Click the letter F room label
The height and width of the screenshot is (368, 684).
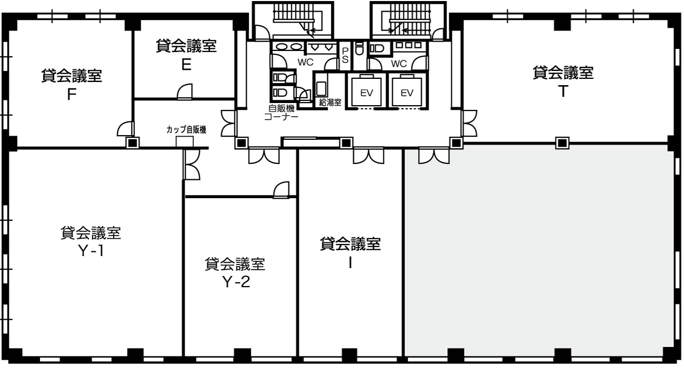[x=72, y=95]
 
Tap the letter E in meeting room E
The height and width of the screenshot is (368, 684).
[x=186, y=65]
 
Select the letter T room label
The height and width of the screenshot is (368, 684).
[x=563, y=91]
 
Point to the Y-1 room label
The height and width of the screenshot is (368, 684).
[x=91, y=251]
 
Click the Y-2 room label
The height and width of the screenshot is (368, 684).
[x=236, y=282]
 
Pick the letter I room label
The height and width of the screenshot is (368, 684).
[x=350, y=263]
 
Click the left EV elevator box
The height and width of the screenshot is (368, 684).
[x=366, y=92]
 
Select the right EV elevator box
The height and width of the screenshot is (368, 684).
[x=407, y=92]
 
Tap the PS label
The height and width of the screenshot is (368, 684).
[x=345, y=55]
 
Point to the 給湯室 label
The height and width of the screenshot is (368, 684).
[x=330, y=103]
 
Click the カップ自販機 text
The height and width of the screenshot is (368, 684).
[x=186, y=130]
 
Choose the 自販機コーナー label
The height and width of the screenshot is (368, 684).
[x=281, y=113]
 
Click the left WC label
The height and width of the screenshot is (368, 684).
[x=305, y=62]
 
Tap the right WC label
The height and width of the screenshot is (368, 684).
[x=399, y=64]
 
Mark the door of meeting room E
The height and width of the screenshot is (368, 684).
[x=185, y=91]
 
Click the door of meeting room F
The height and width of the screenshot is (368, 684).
[x=126, y=128]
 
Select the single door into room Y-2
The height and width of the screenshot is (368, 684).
[x=281, y=190]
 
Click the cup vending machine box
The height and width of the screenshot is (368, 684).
[x=185, y=141]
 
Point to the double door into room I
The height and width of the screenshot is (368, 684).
[x=368, y=156]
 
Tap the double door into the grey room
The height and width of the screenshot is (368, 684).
[x=434, y=156]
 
